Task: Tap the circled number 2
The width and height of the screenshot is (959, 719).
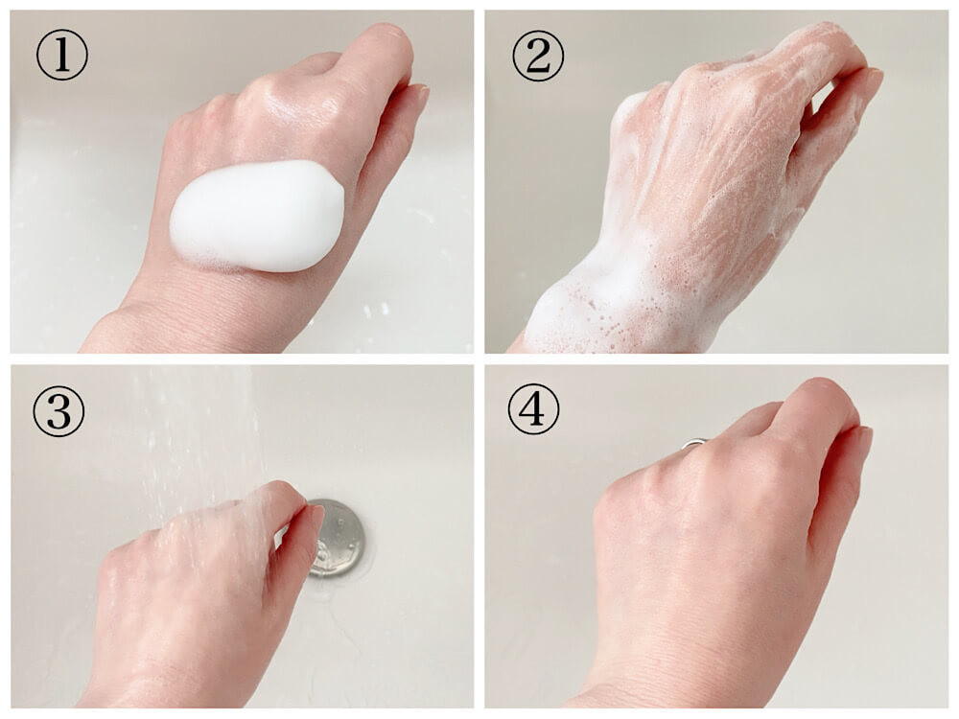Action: [x=538, y=56]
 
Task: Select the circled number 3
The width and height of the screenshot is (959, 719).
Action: [x=58, y=410]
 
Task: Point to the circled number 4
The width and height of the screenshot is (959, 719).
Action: [x=533, y=408]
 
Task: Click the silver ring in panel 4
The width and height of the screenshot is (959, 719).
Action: [x=695, y=443]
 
